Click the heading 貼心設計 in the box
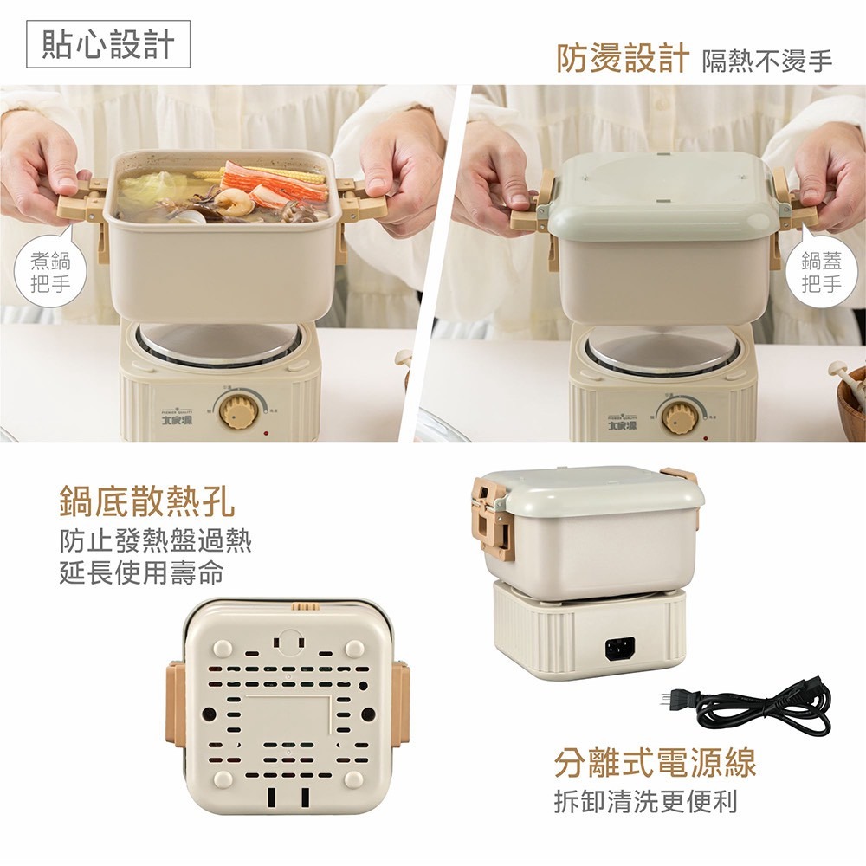pyautogui.click(x=108, y=45)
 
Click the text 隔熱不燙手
pyautogui.click(x=766, y=61)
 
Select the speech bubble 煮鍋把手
pyautogui.click(x=51, y=272)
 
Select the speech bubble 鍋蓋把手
pyautogui.click(x=820, y=272)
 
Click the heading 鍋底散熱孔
pyautogui.click(x=146, y=501)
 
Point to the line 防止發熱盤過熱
pyautogui.click(x=156, y=541)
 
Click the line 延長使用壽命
pyautogui.click(x=142, y=572)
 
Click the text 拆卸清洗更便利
pyautogui.click(x=646, y=801)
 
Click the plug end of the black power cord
pyautogui.click(x=671, y=697)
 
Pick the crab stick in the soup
pyautogui.click(x=275, y=180)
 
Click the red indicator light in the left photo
pyautogui.click(x=266, y=433)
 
